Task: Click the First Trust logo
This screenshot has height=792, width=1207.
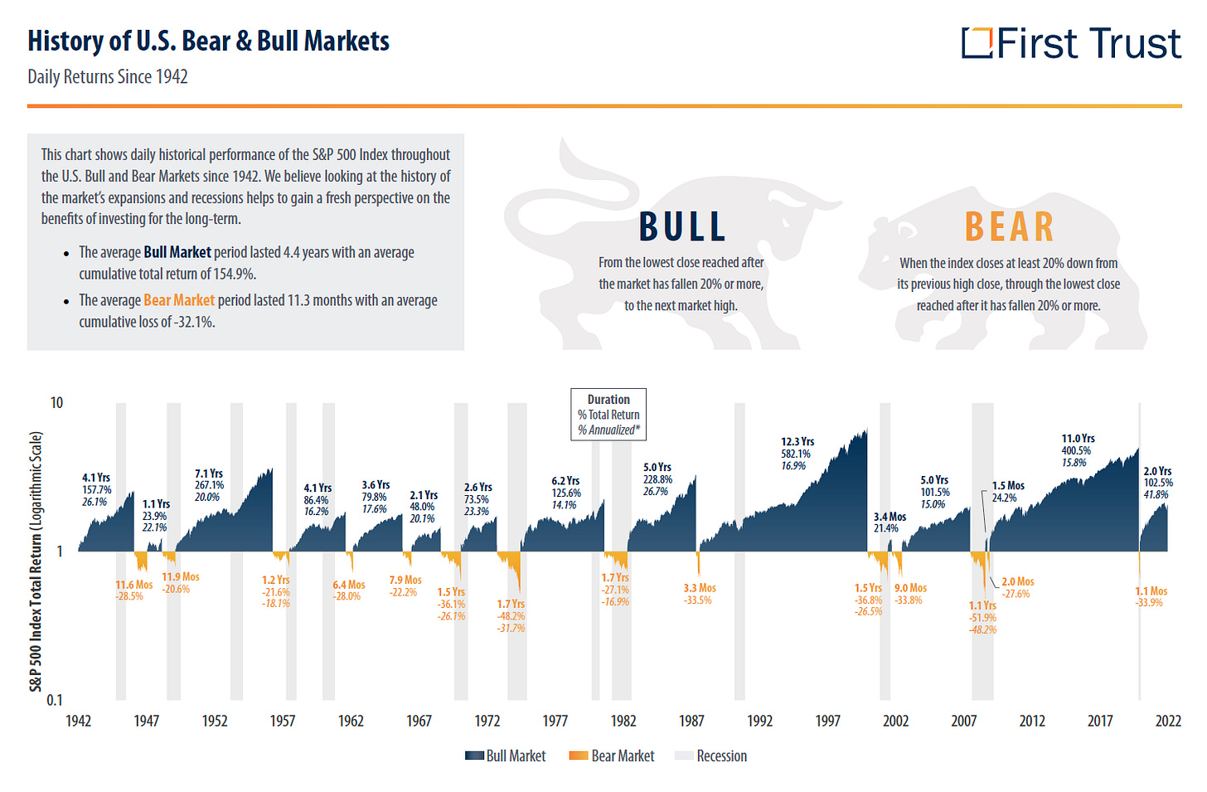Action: [x=1071, y=43]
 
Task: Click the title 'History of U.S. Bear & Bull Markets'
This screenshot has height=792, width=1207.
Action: [x=208, y=41]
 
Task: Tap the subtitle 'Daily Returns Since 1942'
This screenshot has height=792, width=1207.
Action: [x=108, y=77]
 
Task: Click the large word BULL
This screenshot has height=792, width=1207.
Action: [x=682, y=227]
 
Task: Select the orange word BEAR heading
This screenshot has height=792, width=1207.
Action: [x=1009, y=227]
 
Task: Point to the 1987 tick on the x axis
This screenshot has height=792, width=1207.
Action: [x=691, y=721]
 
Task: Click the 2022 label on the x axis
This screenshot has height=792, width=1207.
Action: [x=1167, y=721]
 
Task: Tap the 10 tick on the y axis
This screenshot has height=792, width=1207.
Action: [x=56, y=403]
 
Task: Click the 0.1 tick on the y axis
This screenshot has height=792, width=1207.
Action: [x=54, y=700]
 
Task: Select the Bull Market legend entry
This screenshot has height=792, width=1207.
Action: [x=506, y=756]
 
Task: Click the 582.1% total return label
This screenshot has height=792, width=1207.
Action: [x=796, y=454]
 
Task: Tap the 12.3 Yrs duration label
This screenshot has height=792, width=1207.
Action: [x=797, y=441]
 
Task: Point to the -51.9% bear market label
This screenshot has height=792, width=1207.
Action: [x=982, y=618]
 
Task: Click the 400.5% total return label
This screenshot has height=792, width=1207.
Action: [x=1076, y=450]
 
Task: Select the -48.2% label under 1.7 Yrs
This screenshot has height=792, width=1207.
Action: [x=511, y=616]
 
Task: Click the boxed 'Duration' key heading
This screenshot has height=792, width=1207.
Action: [x=608, y=400]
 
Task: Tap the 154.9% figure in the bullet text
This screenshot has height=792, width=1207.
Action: [x=234, y=275]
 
